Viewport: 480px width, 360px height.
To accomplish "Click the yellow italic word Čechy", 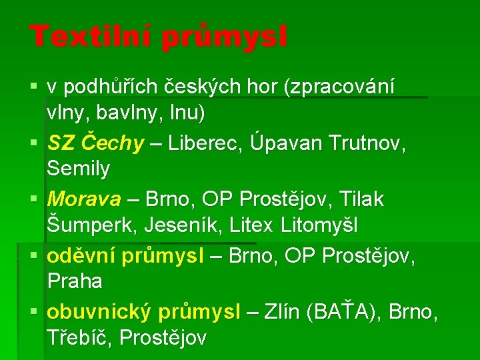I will click(116, 143).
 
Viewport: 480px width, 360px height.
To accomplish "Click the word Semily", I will click(78, 169).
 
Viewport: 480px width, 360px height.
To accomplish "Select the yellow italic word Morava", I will click(84, 199).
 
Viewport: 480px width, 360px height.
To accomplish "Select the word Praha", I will click(75, 281).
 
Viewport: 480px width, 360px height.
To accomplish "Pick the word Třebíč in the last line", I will click(79, 337).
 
